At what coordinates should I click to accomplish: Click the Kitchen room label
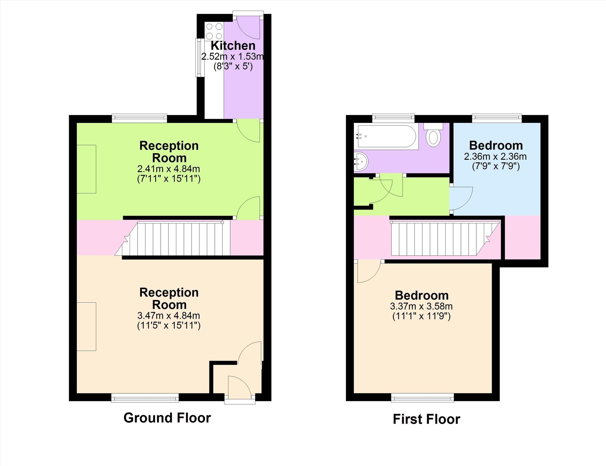233,45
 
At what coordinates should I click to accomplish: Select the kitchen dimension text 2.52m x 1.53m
232,57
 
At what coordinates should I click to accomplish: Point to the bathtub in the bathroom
387,136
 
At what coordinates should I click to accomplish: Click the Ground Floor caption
167,418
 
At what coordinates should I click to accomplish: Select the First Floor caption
426,419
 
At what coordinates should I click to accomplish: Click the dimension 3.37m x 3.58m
421,306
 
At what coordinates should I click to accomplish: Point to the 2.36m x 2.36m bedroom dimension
495,156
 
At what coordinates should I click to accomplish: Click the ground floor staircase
178,238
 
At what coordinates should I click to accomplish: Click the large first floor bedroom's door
368,272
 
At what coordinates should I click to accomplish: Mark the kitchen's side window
199,57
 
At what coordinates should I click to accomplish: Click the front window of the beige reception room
145,399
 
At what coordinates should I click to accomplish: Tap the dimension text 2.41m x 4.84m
169,169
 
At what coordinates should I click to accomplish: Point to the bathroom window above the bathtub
393,118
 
